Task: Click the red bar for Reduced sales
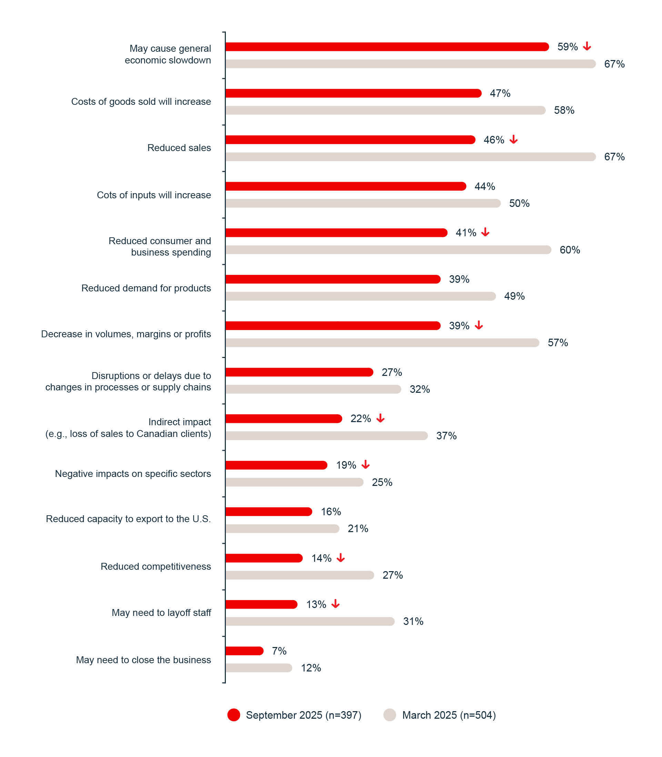coord(350,140)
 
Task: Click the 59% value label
coord(568,47)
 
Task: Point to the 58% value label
coord(564,110)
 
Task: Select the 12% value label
coord(311,668)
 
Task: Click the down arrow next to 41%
coord(485,232)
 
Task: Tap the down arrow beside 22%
coord(381,418)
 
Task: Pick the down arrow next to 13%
coord(335,604)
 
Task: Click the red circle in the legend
coord(234,715)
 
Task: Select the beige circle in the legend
coord(390,715)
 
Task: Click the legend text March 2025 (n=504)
coord(449,715)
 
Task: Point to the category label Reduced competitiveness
coord(156,566)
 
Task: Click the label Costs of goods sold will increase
coord(141,102)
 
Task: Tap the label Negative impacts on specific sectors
coord(133,474)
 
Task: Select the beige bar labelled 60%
coord(388,250)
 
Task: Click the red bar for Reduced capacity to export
coord(269,511)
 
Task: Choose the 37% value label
coord(446,436)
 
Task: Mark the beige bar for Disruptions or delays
coord(313,389)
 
